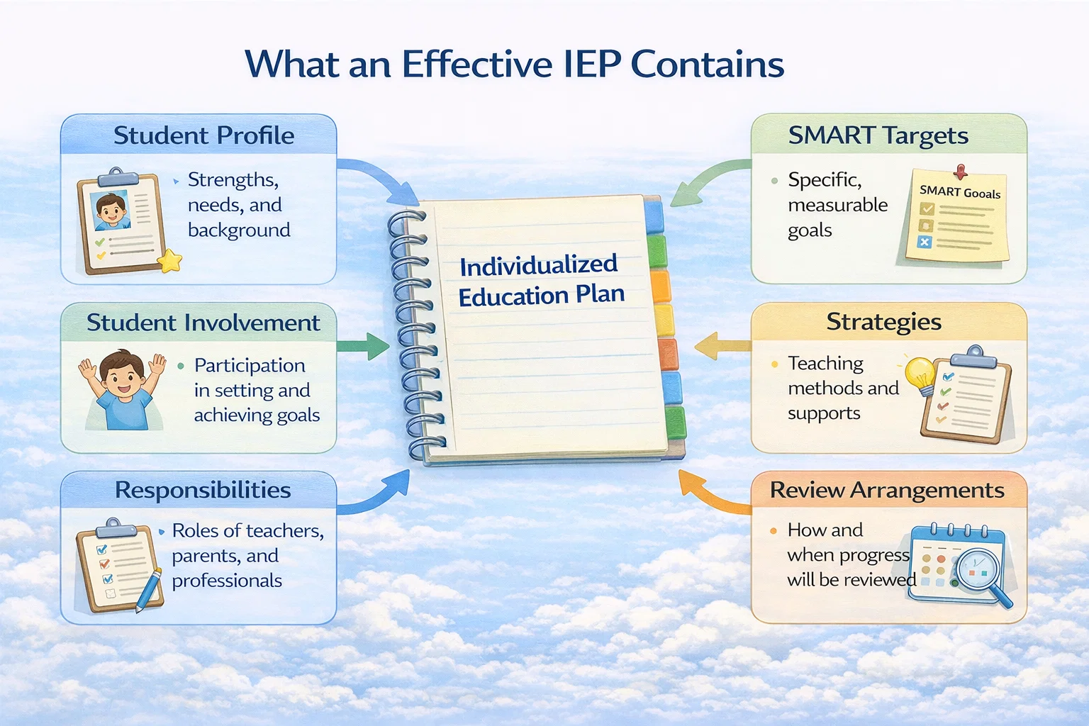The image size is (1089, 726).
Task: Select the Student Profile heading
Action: pyautogui.click(x=203, y=135)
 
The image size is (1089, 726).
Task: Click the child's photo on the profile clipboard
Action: pyautogui.click(x=112, y=209)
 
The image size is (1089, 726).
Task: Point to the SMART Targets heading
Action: pyautogui.click(x=878, y=135)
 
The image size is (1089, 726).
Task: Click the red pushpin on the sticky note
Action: pyautogui.click(x=961, y=172)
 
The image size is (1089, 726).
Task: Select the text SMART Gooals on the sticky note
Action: pyautogui.click(x=959, y=192)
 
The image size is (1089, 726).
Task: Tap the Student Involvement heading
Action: pyautogui.click(x=203, y=323)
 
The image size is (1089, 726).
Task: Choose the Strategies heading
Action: pyautogui.click(x=883, y=322)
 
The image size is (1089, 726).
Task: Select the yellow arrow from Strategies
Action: pyautogui.click(x=720, y=346)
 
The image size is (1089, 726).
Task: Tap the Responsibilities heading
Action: pyautogui.click(x=203, y=490)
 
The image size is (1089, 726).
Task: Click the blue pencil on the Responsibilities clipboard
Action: pyautogui.click(x=148, y=590)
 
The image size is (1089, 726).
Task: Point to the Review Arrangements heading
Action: pyautogui.click(x=886, y=490)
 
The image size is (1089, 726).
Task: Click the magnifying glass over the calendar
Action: pyautogui.click(x=981, y=573)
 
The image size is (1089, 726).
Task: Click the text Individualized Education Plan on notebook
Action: pyautogui.click(x=540, y=280)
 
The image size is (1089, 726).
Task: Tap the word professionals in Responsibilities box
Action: pyautogui.click(x=227, y=581)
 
